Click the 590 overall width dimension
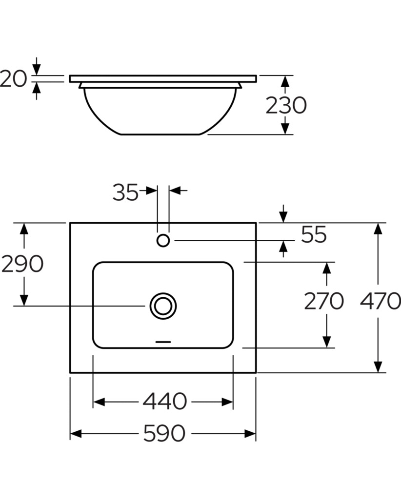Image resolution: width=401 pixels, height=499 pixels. (164, 433)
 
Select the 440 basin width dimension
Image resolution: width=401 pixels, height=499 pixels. (164, 402)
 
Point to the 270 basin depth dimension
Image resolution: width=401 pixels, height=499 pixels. (324, 301)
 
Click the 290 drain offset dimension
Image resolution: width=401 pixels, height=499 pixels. (22, 264)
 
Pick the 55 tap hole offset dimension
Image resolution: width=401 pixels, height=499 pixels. (314, 234)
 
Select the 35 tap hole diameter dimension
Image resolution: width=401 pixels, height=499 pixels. (125, 192)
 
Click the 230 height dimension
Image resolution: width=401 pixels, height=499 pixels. (286, 105)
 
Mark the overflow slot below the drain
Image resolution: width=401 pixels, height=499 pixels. (163, 342)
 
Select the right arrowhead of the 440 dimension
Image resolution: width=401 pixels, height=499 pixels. (227, 402)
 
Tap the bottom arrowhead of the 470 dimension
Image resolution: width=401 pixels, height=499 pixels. (378, 366)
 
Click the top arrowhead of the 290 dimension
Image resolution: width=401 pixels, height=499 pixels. (24, 229)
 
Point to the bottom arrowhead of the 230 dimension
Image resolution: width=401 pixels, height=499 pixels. (285, 128)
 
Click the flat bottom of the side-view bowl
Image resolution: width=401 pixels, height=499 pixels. (160, 134)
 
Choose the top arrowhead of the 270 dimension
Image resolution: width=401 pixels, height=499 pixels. (326, 268)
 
